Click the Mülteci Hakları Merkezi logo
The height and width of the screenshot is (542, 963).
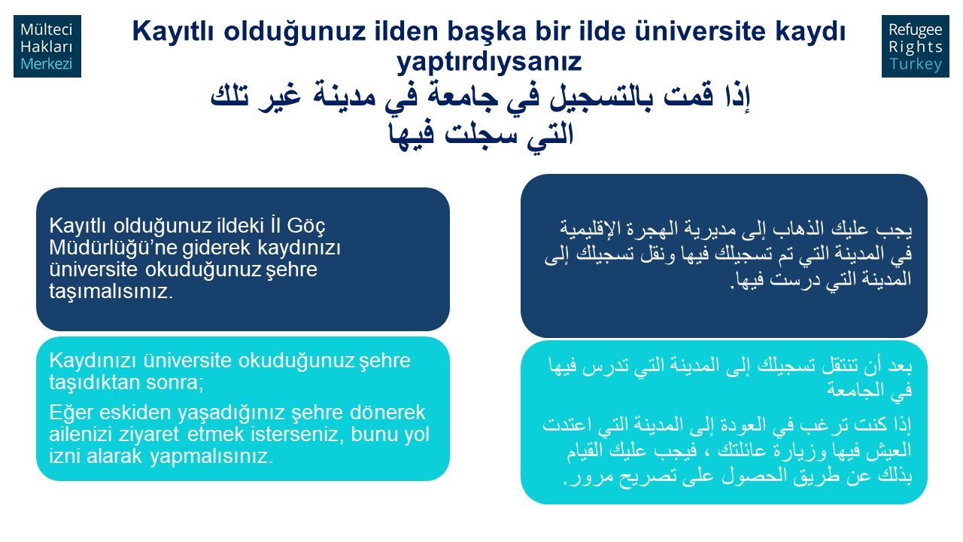coord(47,47)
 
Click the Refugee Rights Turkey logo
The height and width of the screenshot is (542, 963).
coord(916,47)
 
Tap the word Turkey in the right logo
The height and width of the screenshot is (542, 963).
coord(916,64)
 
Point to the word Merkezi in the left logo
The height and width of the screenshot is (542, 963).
coord(47,64)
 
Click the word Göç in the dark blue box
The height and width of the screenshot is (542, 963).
coord(306,227)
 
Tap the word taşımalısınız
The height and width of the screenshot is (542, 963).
coord(111,291)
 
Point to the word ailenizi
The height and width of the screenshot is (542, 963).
coord(81,434)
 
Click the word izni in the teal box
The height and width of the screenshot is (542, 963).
coord(65,456)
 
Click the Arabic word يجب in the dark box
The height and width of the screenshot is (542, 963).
coord(898,229)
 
